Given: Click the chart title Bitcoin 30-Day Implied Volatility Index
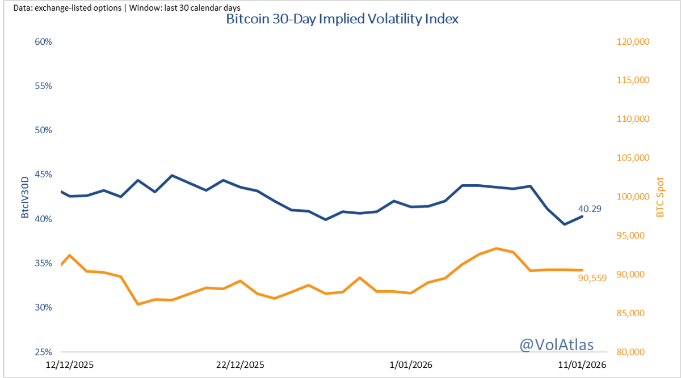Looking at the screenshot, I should pos(342,19).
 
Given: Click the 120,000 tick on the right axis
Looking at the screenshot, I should pos(632,42).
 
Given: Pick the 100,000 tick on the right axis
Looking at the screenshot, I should pos(632,197).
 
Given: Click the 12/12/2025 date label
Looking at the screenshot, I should pos(70,364).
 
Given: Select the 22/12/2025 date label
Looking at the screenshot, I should pos(240,364).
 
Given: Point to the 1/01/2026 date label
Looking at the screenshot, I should pos(411,364).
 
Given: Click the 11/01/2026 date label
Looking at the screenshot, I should pos(581,364).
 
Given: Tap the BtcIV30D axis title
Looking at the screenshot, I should pos(24,197).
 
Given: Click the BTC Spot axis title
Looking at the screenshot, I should pos(660,197).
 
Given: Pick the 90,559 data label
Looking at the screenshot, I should pos(592,278).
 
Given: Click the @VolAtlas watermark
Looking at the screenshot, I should pos(556,344).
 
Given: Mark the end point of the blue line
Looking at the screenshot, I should pos(582,216).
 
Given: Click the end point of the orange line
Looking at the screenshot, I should pos(582,270).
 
